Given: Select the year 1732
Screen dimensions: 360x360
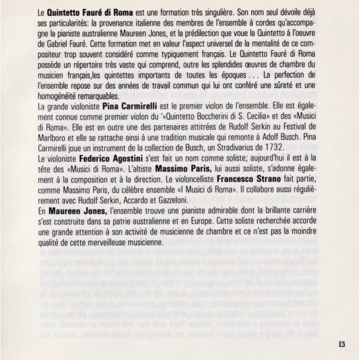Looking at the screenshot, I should click(272, 148).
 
